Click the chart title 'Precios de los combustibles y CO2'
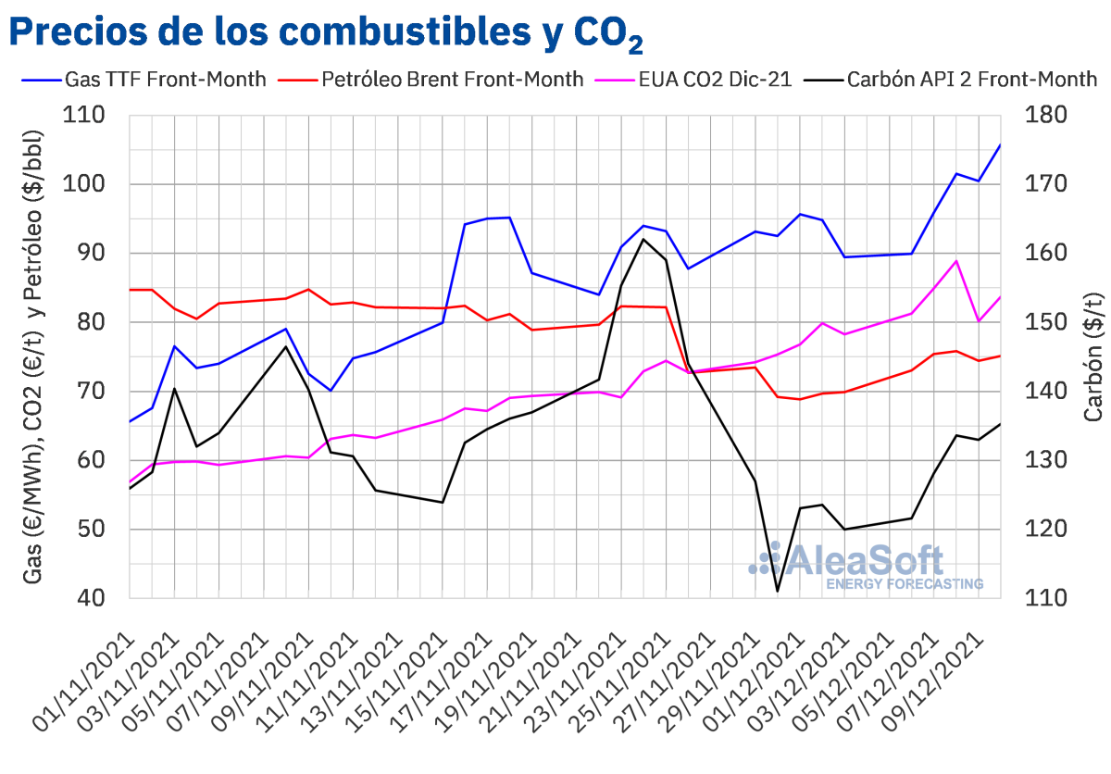click(x=324, y=33)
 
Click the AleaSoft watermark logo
click(x=866, y=566)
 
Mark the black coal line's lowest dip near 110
click(x=778, y=591)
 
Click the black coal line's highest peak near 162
click(x=643, y=239)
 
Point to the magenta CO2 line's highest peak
click(x=956, y=261)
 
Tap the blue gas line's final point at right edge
click(x=1000, y=144)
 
